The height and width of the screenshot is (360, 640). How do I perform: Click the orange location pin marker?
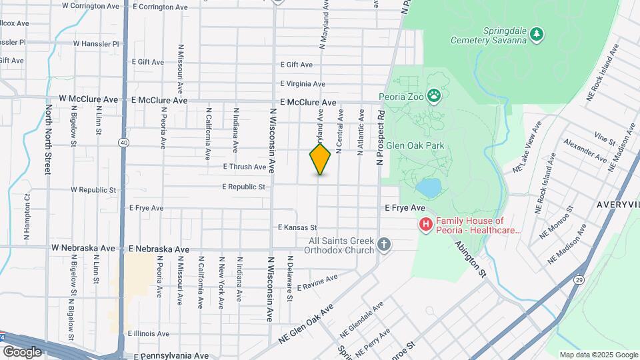320,159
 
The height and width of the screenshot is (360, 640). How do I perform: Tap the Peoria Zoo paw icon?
434,97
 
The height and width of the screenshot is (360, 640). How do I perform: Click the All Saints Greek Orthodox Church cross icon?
383,244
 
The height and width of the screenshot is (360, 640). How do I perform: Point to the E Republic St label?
244,187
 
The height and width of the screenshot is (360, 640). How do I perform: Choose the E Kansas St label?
297,228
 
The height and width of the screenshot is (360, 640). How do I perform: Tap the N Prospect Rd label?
381,137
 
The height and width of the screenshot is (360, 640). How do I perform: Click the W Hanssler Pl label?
95,44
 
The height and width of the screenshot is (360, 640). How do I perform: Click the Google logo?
22,351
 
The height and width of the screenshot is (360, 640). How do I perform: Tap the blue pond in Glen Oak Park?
430,188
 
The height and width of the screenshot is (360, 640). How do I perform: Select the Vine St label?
605,139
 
